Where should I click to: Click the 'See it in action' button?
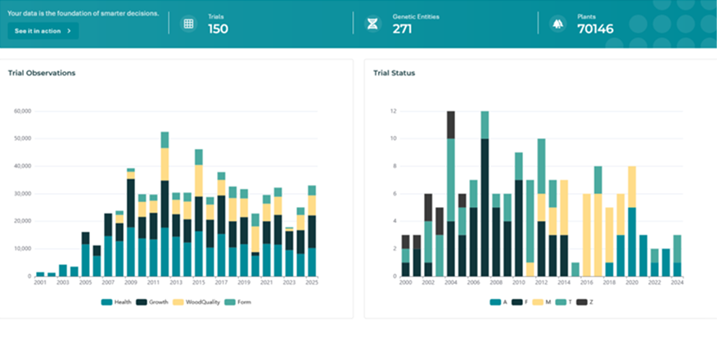tap(43, 31)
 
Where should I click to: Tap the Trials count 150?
tap(218, 29)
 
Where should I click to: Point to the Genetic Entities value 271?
tap(403, 29)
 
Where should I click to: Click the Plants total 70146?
tap(595, 29)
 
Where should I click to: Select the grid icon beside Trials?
tap(188, 24)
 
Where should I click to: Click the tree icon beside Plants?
tap(557, 24)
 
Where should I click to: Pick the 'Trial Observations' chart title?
tap(42, 73)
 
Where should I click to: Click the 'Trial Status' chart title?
tap(395, 73)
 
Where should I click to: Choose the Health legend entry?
tap(116, 302)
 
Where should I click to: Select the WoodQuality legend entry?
tap(196, 302)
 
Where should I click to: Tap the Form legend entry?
tap(238, 302)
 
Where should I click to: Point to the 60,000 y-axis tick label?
tap(22, 111)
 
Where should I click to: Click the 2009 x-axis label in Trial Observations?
tap(131, 282)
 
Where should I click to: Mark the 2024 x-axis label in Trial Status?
tap(677, 282)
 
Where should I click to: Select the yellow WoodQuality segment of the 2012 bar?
tap(165, 164)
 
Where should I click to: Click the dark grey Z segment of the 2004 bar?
tap(451, 124)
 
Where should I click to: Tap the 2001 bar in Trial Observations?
tap(40, 274)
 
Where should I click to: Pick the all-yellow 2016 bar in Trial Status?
tap(587, 235)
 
